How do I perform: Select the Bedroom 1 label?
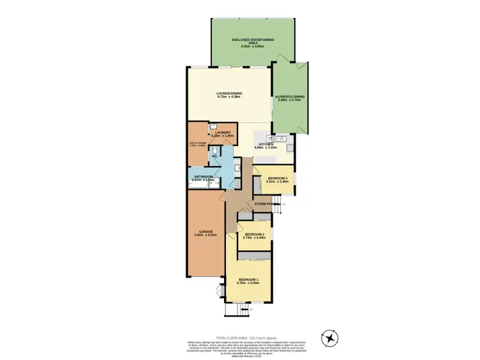(248, 279)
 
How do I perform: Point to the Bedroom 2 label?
(255, 235)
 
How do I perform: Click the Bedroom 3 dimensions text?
(276, 182)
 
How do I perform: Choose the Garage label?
(205, 231)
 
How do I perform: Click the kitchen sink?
(280, 137)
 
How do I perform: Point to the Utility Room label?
(196, 143)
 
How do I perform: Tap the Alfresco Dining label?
(290, 97)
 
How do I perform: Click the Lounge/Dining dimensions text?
(228, 97)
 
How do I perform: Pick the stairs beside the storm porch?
(276, 208)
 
